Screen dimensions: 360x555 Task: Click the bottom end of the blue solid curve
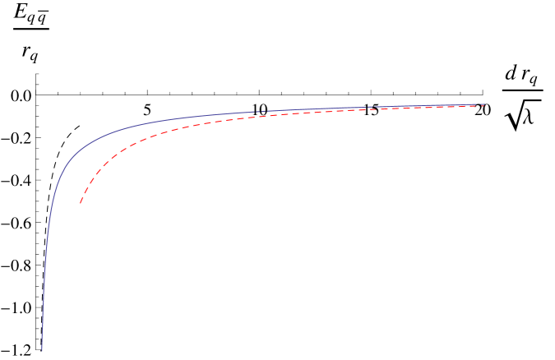tap(42, 351)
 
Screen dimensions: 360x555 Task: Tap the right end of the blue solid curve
tap(486, 104)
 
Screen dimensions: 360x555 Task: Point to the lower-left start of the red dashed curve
tap(81, 202)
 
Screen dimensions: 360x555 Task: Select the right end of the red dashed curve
tap(486, 106)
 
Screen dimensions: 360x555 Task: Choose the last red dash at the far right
tap(483, 106)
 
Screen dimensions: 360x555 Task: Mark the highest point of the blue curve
tap(485, 104)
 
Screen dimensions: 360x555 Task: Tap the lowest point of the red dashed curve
tap(81, 202)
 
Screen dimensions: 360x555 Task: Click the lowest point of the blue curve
tap(42, 351)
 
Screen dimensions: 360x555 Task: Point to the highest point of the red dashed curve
tap(486, 106)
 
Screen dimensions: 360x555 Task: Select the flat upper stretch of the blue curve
tap(329, 109)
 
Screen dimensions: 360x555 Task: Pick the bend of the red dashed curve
tap(123, 148)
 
